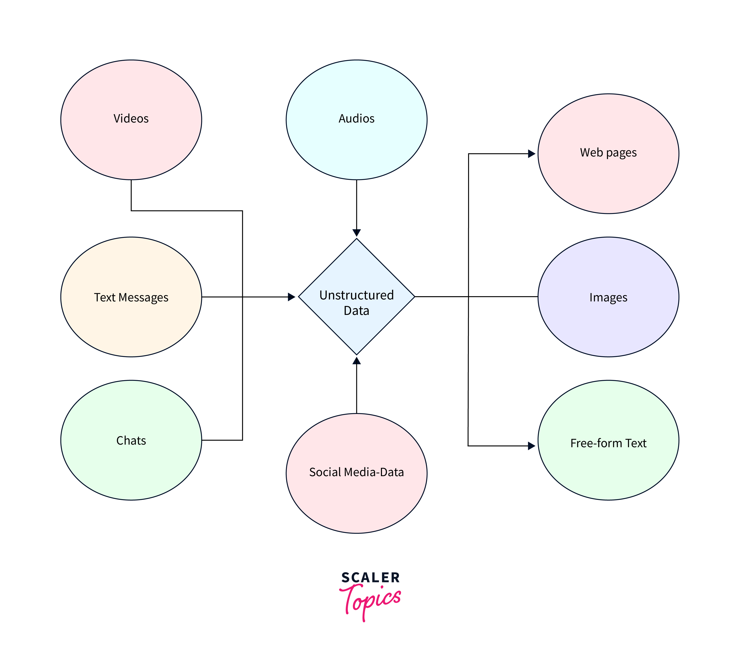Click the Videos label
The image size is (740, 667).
click(x=131, y=118)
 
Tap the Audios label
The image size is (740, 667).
click(x=356, y=118)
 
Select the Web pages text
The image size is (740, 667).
click(x=608, y=153)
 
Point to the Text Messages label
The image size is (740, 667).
click(x=131, y=297)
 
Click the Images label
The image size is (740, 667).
click(x=608, y=297)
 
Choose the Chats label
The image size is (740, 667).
click(x=131, y=440)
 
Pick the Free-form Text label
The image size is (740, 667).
click(x=608, y=443)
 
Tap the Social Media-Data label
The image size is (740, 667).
click(x=356, y=472)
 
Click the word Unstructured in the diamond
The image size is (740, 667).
click(x=356, y=295)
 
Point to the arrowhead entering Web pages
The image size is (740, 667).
click(x=531, y=154)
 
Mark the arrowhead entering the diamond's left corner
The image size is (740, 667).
click(x=291, y=297)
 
